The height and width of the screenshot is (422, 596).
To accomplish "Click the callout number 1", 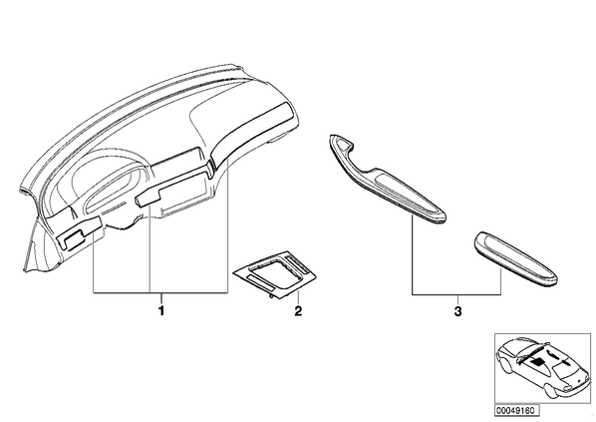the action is click(161, 311).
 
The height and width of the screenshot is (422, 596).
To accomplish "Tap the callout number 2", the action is click(298, 311).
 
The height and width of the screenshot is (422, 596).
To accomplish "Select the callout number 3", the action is click(458, 311).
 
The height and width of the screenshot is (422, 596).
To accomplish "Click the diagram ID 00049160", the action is click(516, 411).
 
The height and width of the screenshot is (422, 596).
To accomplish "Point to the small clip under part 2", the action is click(271, 295).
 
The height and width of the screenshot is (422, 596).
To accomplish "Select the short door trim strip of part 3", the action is click(515, 258).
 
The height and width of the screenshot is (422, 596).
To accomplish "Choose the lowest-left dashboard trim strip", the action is click(79, 233).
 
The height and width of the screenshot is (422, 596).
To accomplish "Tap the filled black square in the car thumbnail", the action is click(537, 361).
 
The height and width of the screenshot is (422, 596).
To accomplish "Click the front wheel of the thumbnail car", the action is click(551, 391).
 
